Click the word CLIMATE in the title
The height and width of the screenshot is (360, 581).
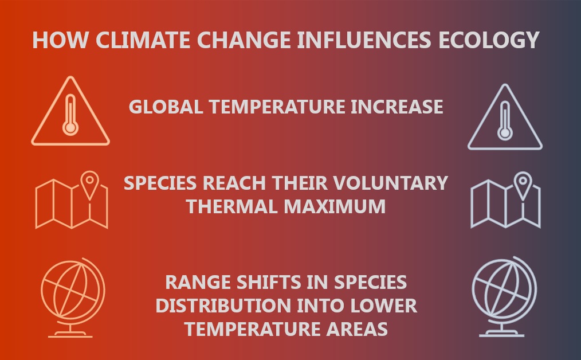coord(143,40)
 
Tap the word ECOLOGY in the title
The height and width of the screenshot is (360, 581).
coord(489,40)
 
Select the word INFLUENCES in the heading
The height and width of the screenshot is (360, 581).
coord(364,40)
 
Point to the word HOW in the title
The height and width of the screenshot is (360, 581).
coord(60,40)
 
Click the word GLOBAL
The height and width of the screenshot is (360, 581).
coord(166,107)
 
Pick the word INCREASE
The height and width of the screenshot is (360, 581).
coord(397,107)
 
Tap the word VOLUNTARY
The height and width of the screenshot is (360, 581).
coord(391,183)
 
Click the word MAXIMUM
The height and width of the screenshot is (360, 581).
coord(335,206)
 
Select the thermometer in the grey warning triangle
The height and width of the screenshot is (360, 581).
coord(505,120)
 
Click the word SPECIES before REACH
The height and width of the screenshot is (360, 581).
coord(160,183)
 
